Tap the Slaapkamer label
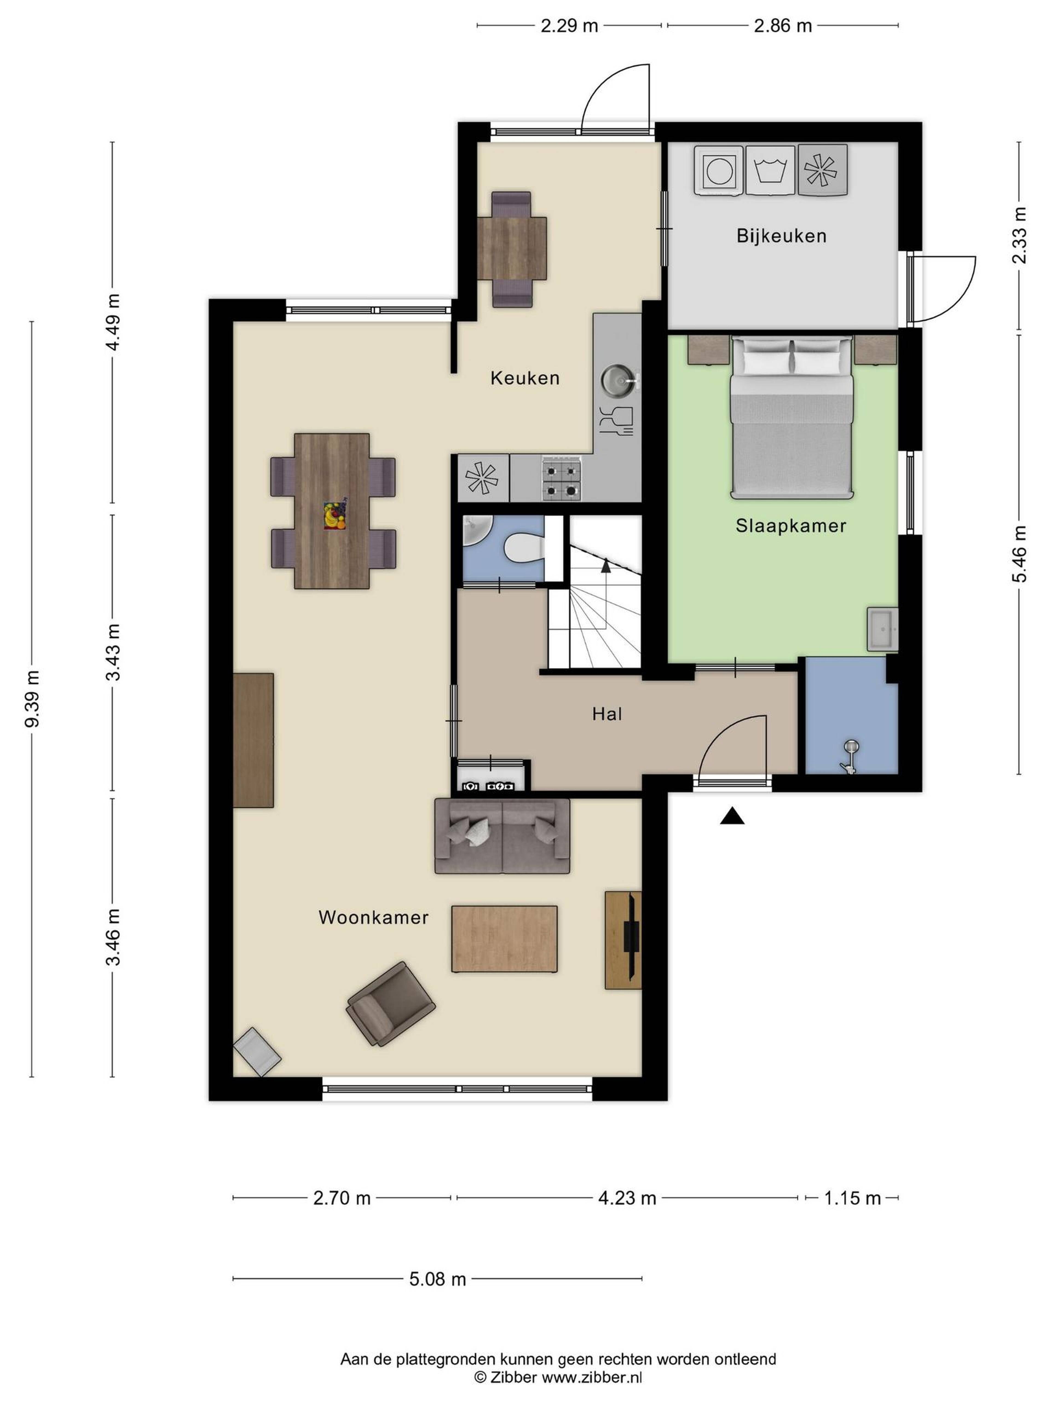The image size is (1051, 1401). tap(791, 526)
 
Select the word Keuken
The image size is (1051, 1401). tap(525, 378)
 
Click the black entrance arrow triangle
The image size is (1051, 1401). tap(732, 816)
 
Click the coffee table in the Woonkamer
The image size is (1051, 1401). tap(504, 939)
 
